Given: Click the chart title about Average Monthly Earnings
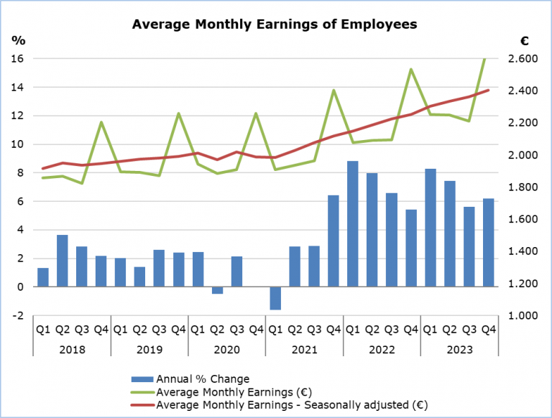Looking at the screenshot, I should tap(275, 24).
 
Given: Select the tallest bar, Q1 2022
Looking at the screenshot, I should tap(353, 223).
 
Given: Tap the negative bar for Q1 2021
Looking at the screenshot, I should tap(275, 298).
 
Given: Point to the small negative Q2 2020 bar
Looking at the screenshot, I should tap(217, 290).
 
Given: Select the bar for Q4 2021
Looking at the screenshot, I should tap(333, 241).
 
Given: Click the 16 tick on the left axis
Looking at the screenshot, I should tap(19, 58).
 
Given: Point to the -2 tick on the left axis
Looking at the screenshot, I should tap(19, 316).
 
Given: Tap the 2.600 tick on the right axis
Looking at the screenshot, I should tap(531, 58).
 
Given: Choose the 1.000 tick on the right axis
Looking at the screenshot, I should tap(531, 316).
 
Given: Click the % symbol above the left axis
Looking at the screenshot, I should tap(18, 40).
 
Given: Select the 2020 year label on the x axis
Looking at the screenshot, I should tap(226, 349).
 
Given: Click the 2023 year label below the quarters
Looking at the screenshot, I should tap(459, 349).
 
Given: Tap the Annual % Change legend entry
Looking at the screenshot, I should tap(202, 378).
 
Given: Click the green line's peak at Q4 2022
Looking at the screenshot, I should tap(410, 70).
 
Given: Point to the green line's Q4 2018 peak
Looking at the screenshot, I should tap(101, 122).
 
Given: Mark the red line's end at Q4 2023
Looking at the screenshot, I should tap(489, 90).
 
